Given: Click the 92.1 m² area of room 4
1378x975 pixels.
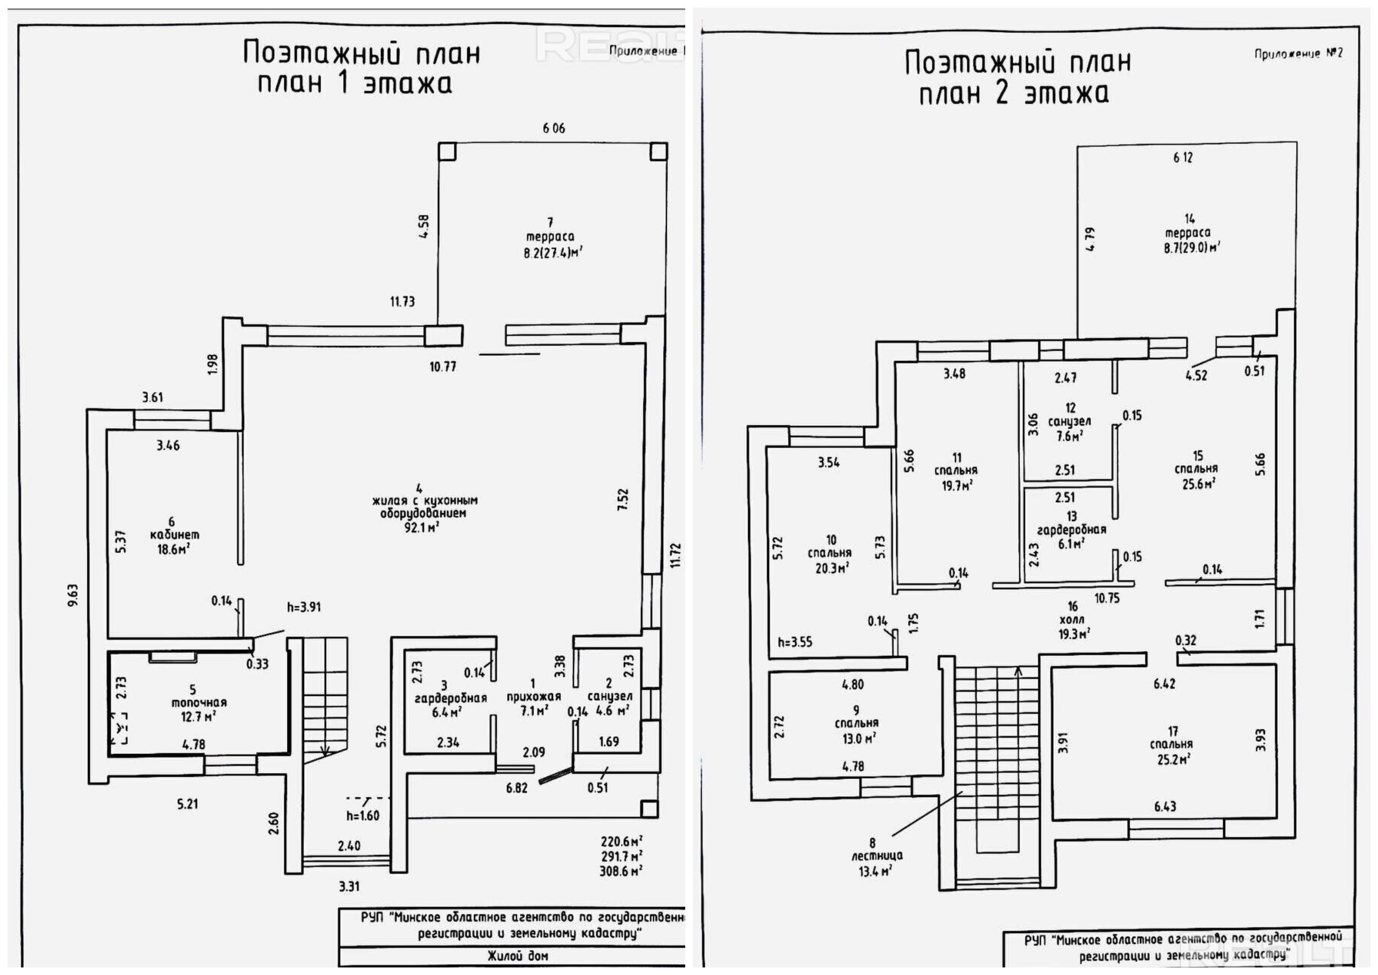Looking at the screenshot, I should pyautogui.click(x=422, y=528).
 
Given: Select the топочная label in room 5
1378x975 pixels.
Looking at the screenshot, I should pyautogui.click(x=199, y=702).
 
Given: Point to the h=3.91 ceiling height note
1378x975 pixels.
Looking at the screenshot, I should pyautogui.click(x=304, y=607).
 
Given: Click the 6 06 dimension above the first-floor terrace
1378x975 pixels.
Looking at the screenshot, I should pyautogui.click(x=554, y=128).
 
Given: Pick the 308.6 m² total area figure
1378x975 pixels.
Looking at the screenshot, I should pyautogui.click(x=621, y=870).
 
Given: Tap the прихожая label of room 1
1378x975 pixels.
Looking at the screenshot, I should pyautogui.click(x=534, y=696).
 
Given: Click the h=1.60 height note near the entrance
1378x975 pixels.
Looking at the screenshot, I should pyautogui.click(x=363, y=815).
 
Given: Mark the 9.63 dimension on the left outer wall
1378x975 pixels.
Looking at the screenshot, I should pyautogui.click(x=73, y=594).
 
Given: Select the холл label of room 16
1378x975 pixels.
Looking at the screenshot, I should pyautogui.click(x=1072, y=620).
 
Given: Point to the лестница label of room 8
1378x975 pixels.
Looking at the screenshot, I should pyautogui.click(x=876, y=856).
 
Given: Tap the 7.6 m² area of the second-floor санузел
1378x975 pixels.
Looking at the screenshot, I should pyautogui.click(x=1069, y=436).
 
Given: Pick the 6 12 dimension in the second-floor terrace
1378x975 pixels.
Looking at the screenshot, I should pyautogui.click(x=1183, y=157).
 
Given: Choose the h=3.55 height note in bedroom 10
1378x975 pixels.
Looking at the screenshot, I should pyautogui.click(x=795, y=642).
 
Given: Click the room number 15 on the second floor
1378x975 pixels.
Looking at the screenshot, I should pyautogui.click(x=1197, y=456).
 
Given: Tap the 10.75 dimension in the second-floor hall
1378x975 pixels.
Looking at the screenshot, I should pyautogui.click(x=1107, y=598).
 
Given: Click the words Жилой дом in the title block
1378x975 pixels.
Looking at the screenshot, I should pyautogui.click(x=518, y=956).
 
